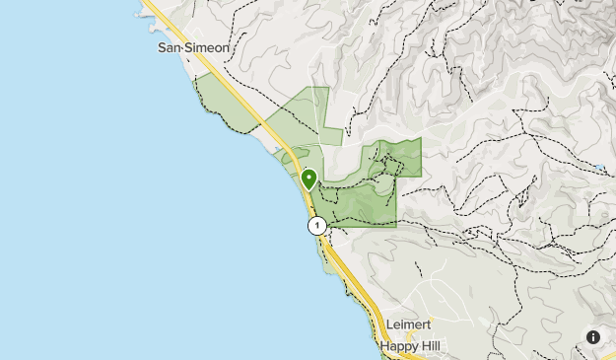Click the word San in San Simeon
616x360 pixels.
[x=171, y=46]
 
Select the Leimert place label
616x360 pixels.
[x=409, y=324]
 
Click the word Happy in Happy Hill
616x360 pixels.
[x=396, y=345]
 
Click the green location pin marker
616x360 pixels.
[x=308, y=180]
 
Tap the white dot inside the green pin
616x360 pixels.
[x=308, y=178]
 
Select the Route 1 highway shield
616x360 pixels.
[x=316, y=225]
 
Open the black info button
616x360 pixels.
[x=593, y=337]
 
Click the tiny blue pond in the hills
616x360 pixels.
[x=599, y=169]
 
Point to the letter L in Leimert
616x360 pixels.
[x=391, y=324]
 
